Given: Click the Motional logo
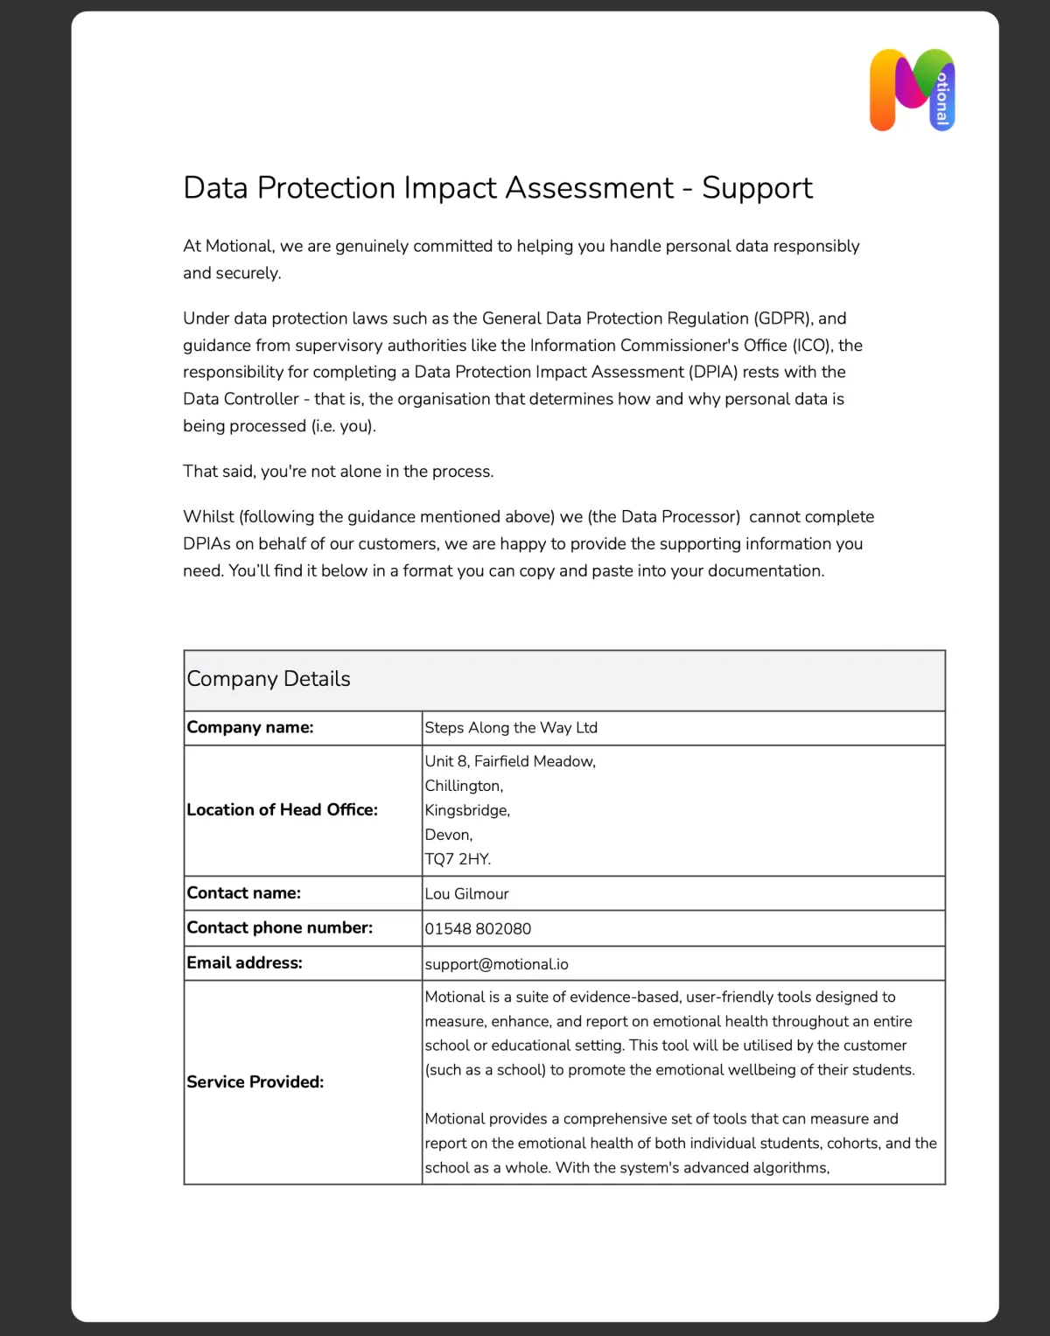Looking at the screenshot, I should (x=912, y=90).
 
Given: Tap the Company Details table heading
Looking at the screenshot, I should (x=269, y=679).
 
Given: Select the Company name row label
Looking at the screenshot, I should (x=250, y=727).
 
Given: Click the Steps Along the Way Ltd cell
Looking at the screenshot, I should (x=511, y=728).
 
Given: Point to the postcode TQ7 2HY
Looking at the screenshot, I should (x=458, y=859).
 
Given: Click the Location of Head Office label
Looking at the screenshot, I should (x=282, y=810).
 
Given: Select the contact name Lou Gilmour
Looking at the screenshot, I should (x=466, y=893).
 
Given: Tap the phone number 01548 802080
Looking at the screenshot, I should (x=478, y=928).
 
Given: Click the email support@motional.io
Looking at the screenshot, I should (x=496, y=964).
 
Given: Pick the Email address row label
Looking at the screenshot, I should (x=244, y=963).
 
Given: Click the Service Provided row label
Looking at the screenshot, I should (x=255, y=1082).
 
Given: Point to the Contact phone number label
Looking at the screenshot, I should (x=279, y=927).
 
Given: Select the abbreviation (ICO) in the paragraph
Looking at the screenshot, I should (x=813, y=346).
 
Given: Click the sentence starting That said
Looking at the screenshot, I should (x=338, y=472).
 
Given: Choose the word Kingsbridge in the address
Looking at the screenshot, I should (x=467, y=810).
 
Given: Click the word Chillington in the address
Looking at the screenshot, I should (x=464, y=786).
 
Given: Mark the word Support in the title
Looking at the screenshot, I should (x=757, y=188).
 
